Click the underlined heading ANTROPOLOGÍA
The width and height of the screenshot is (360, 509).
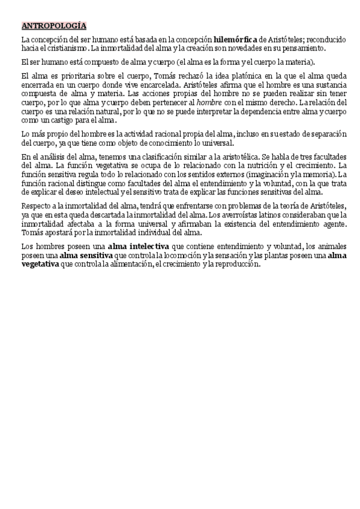54,26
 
